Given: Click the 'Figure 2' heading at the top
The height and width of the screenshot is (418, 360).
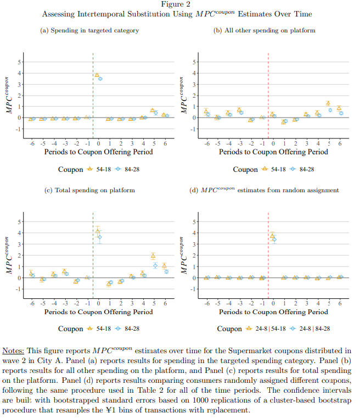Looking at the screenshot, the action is pyautogui.click(x=176, y=4).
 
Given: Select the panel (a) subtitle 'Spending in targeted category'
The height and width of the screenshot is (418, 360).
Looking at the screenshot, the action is pyautogui.click(x=95, y=30).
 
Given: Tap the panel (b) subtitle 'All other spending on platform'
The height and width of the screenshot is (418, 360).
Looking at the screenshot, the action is pyautogui.click(x=270, y=30).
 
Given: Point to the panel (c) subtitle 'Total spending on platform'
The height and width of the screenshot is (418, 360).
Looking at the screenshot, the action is pyautogui.click(x=95, y=190).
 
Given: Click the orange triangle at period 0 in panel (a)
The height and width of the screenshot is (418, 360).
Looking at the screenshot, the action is pyautogui.click(x=97, y=75).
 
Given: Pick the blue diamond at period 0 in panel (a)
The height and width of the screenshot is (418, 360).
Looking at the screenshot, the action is pyautogui.click(x=100, y=79).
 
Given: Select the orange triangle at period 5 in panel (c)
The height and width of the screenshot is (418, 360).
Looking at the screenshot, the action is pyautogui.click(x=153, y=257).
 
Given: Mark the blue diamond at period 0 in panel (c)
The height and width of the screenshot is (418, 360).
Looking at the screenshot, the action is pyautogui.click(x=99, y=237).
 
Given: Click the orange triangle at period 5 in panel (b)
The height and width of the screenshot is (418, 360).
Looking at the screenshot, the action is pyautogui.click(x=328, y=103).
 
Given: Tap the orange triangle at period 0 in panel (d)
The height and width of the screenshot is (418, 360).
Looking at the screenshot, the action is pyautogui.click(x=272, y=236).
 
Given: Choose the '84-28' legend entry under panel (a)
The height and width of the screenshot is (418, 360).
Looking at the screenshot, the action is pyautogui.click(x=128, y=169).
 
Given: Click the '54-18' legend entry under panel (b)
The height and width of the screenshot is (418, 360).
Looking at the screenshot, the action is pyautogui.click(x=274, y=169).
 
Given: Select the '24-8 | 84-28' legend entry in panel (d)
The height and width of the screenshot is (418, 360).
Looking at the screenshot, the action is pyautogui.click(x=310, y=328).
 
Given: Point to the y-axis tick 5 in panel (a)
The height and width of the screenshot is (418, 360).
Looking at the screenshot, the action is pyautogui.click(x=19, y=62).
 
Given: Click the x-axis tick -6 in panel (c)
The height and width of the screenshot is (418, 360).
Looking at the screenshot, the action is pyautogui.click(x=32, y=303).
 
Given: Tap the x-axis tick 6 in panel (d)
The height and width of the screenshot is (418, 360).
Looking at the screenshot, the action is pyautogui.click(x=340, y=303).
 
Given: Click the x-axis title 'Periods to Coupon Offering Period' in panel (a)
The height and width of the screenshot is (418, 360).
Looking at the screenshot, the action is pyautogui.click(x=99, y=152).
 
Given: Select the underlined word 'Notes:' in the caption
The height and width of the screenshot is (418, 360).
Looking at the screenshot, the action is pyautogui.click(x=13, y=351).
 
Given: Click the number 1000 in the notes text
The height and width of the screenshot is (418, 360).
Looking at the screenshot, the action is pyautogui.click(x=201, y=400).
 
